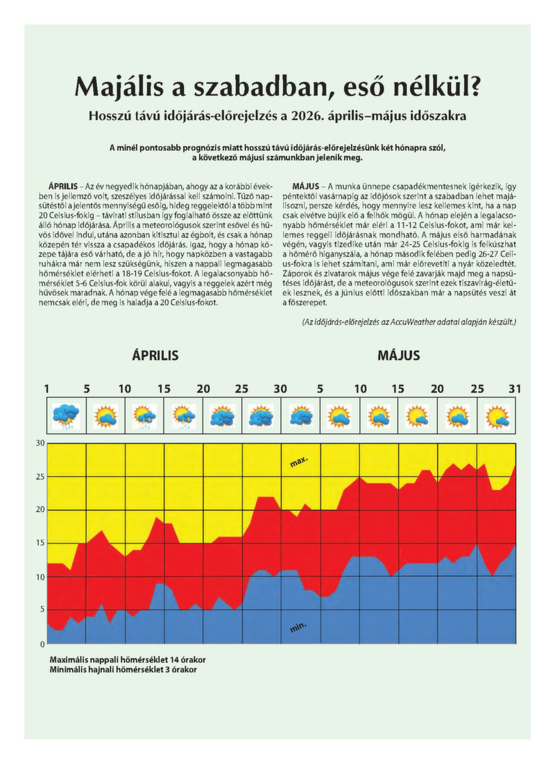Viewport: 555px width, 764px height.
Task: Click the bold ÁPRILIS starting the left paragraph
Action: click(x=63, y=186)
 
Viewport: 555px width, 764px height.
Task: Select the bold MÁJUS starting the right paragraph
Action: click(x=306, y=186)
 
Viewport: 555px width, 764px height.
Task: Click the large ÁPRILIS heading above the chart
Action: click(x=155, y=355)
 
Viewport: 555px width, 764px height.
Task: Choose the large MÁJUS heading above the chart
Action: click(x=398, y=355)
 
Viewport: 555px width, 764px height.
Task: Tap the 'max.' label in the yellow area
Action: click(x=299, y=462)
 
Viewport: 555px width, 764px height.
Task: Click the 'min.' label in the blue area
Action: click(x=298, y=627)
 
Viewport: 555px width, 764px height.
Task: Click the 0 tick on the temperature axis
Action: click(x=42, y=644)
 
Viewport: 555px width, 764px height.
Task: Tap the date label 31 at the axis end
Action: click(x=515, y=389)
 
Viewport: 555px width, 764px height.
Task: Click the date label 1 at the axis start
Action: click(x=46, y=389)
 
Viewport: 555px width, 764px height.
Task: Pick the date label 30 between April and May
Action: click(x=280, y=389)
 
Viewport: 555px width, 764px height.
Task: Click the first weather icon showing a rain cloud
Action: click(x=67, y=415)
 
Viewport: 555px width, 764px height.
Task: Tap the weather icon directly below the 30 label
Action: click(x=301, y=415)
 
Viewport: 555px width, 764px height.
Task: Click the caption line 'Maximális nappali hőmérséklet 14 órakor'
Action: click(x=128, y=660)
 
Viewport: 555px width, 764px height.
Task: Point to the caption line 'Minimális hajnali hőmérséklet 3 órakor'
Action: click(x=123, y=670)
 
